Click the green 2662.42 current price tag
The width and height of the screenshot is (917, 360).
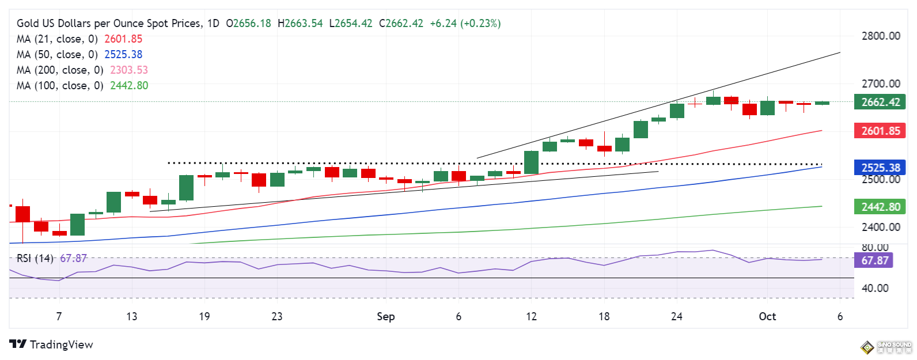coord(880,102)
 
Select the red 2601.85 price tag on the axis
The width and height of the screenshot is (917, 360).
coord(880,131)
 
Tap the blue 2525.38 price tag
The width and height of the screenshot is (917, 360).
coord(880,168)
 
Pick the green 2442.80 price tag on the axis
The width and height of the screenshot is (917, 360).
coord(880,207)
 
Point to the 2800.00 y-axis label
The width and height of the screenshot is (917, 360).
coord(880,36)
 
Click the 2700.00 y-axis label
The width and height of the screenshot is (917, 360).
coord(880,84)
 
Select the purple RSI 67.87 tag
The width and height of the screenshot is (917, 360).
coord(874,260)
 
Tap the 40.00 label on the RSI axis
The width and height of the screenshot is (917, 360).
coord(874,288)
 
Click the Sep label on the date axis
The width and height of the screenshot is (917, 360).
coord(385,316)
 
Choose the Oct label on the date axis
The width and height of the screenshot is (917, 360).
coord(767,316)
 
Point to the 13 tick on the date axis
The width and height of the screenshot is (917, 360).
coord(131,316)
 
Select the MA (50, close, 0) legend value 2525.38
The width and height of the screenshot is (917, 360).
coord(123,54)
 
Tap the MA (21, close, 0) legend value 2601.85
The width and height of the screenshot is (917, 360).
coord(123,39)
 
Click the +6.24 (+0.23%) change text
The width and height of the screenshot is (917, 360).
coord(465,23)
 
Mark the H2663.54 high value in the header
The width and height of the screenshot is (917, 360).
coord(300,23)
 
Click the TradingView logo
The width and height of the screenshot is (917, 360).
coord(51,344)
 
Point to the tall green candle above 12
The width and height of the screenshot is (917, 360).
coord(531,162)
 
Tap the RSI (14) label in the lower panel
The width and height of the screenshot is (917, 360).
coord(35,259)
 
